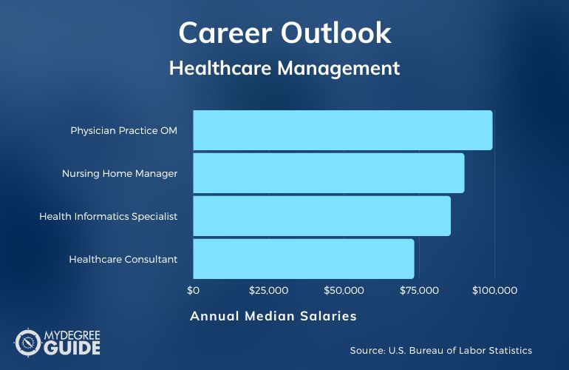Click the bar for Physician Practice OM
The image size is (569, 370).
[x=343, y=130]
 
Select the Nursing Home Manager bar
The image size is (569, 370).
[x=329, y=173]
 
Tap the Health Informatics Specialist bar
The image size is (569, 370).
[x=322, y=216]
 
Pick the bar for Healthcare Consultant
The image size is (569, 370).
[x=304, y=259]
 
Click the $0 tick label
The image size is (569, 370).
[x=193, y=290]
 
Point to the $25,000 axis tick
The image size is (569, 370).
[x=268, y=290]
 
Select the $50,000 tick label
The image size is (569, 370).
[x=344, y=290]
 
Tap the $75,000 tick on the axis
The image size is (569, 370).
[x=419, y=290]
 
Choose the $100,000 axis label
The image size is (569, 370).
[x=494, y=290]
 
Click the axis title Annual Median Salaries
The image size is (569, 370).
[x=273, y=316]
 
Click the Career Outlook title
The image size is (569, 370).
[x=284, y=33]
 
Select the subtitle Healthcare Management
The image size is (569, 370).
[x=284, y=68]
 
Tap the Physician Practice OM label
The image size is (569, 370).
[x=123, y=130]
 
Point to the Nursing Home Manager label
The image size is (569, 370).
[x=120, y=173]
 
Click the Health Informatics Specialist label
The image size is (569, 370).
[x=109, y=216]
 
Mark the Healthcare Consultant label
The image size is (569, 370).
[x=123, y=259]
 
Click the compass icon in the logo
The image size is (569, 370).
[x=28, y=343]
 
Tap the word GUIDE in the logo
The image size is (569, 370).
[x=72, y=348]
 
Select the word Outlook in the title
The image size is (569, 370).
[x=335, y=33]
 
